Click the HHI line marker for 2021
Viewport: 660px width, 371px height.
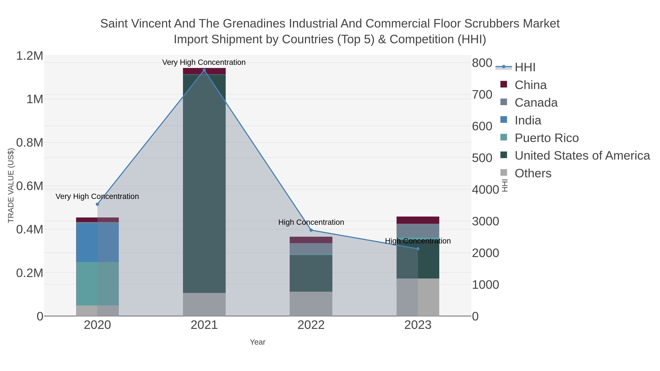click(x=204, y=70)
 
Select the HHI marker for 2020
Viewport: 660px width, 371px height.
click(x=97, y=204)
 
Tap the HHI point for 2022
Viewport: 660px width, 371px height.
click(x=311, y=230)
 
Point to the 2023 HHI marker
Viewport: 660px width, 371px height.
click(x=418, y=249)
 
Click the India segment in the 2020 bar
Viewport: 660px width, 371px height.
click(x=97, y=242)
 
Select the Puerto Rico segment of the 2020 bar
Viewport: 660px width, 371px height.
click(x=97, y=283)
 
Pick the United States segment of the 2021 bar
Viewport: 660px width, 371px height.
click(x=204, y=183)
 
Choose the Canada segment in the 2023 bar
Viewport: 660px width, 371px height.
click(x=418, y=230)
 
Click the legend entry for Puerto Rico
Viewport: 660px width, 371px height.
click(x=547, y=138)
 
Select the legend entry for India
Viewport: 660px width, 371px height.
click(x=528, y=120)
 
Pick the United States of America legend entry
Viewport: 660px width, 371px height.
click(x=582, y=156)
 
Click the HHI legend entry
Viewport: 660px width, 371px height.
click(x=525, y=67)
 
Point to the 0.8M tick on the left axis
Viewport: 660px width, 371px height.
click(x=30, y=143)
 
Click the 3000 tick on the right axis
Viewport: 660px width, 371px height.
click(x=485, y=222)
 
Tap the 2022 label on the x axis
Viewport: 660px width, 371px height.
click(x=311, y=325)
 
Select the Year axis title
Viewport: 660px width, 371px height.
click(x=258, y=342)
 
